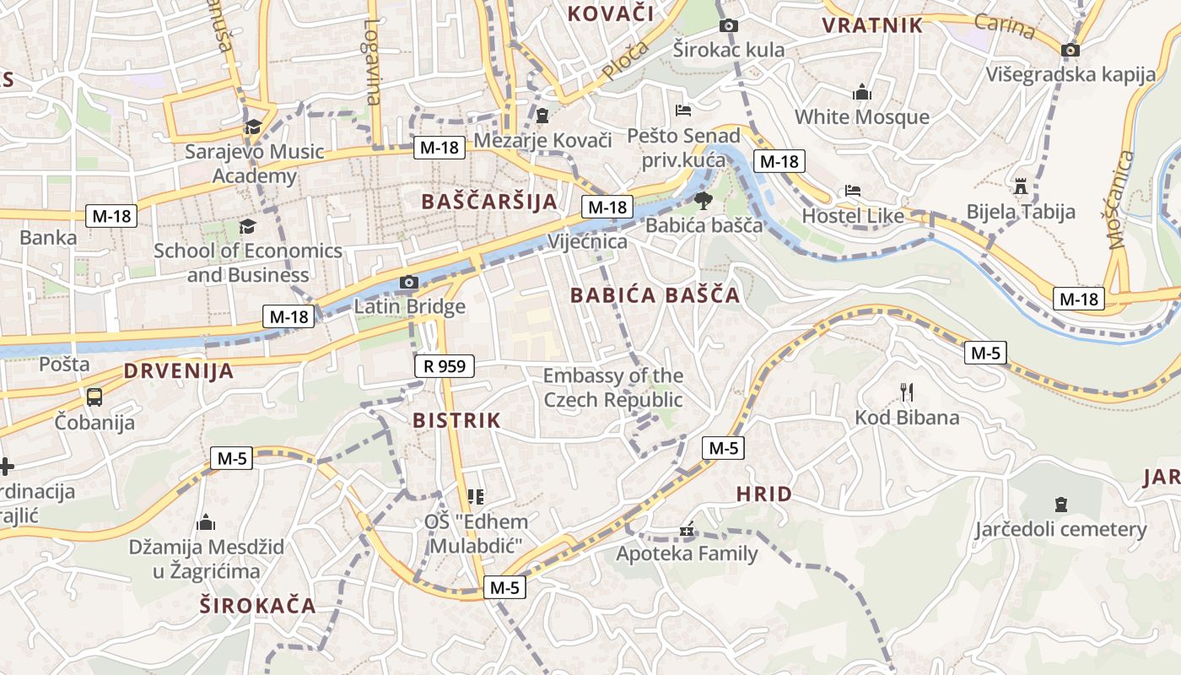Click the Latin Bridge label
409,306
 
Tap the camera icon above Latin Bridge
408,282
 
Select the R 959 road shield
445,366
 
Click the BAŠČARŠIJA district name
489,202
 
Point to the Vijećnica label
588,242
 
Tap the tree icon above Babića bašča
703,201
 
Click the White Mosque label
861,117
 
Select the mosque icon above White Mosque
861,92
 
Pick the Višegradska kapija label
1070,74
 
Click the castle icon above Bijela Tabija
1021,186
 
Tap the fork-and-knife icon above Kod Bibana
907,392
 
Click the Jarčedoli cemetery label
1060,530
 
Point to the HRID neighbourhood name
764,494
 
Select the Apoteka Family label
687,553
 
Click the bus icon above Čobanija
94,397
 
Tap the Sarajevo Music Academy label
254,164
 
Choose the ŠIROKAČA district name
258,605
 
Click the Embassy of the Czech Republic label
613,387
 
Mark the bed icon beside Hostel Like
853,191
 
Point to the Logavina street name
372,62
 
